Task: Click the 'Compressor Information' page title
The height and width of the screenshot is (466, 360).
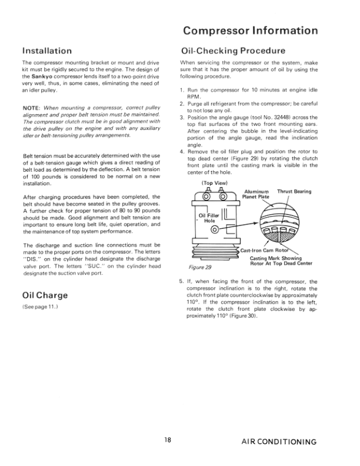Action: point(250,31)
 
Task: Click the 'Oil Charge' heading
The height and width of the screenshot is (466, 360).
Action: point(44,295)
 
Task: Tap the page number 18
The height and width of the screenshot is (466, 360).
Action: point(168,441)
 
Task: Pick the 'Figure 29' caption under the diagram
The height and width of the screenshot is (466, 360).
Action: point(202,267)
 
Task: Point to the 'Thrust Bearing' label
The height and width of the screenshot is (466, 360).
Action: point(294,191)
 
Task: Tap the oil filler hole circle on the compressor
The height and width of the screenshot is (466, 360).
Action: point(215,229)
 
